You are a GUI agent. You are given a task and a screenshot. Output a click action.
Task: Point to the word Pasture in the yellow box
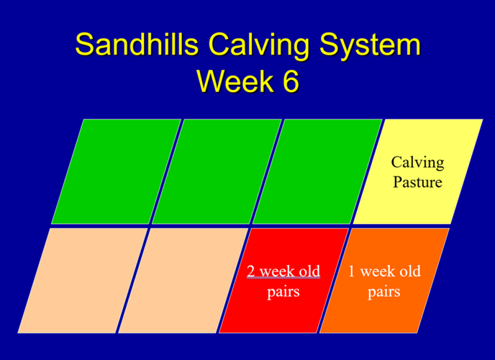pos(417,181)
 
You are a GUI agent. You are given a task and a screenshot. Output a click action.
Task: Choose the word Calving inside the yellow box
pos(417,162)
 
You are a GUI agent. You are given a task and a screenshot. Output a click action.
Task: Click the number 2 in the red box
pos(252,271)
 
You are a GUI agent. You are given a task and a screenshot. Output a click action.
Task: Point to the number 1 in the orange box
pos(352,271)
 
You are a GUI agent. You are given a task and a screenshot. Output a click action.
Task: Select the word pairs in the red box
pos(283,292)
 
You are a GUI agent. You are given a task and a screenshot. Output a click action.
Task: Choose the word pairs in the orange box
pos(384,292)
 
